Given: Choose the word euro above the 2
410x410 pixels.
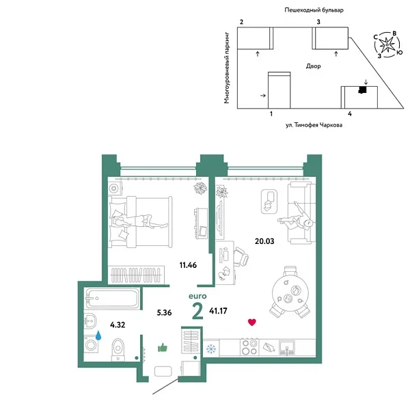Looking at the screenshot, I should coord(198,296).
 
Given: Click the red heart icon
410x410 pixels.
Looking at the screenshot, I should coord(252,322).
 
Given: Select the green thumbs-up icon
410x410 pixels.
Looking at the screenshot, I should coord(163,348).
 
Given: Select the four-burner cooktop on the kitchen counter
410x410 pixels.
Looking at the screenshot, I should coord(250,348).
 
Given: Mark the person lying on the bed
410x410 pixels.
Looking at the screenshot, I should coord(140,221).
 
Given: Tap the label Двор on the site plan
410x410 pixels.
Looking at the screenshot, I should coord(314,66).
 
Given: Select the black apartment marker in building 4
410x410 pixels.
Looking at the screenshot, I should coord(364,89).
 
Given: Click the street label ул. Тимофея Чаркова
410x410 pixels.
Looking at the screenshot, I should coord(314,126).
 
